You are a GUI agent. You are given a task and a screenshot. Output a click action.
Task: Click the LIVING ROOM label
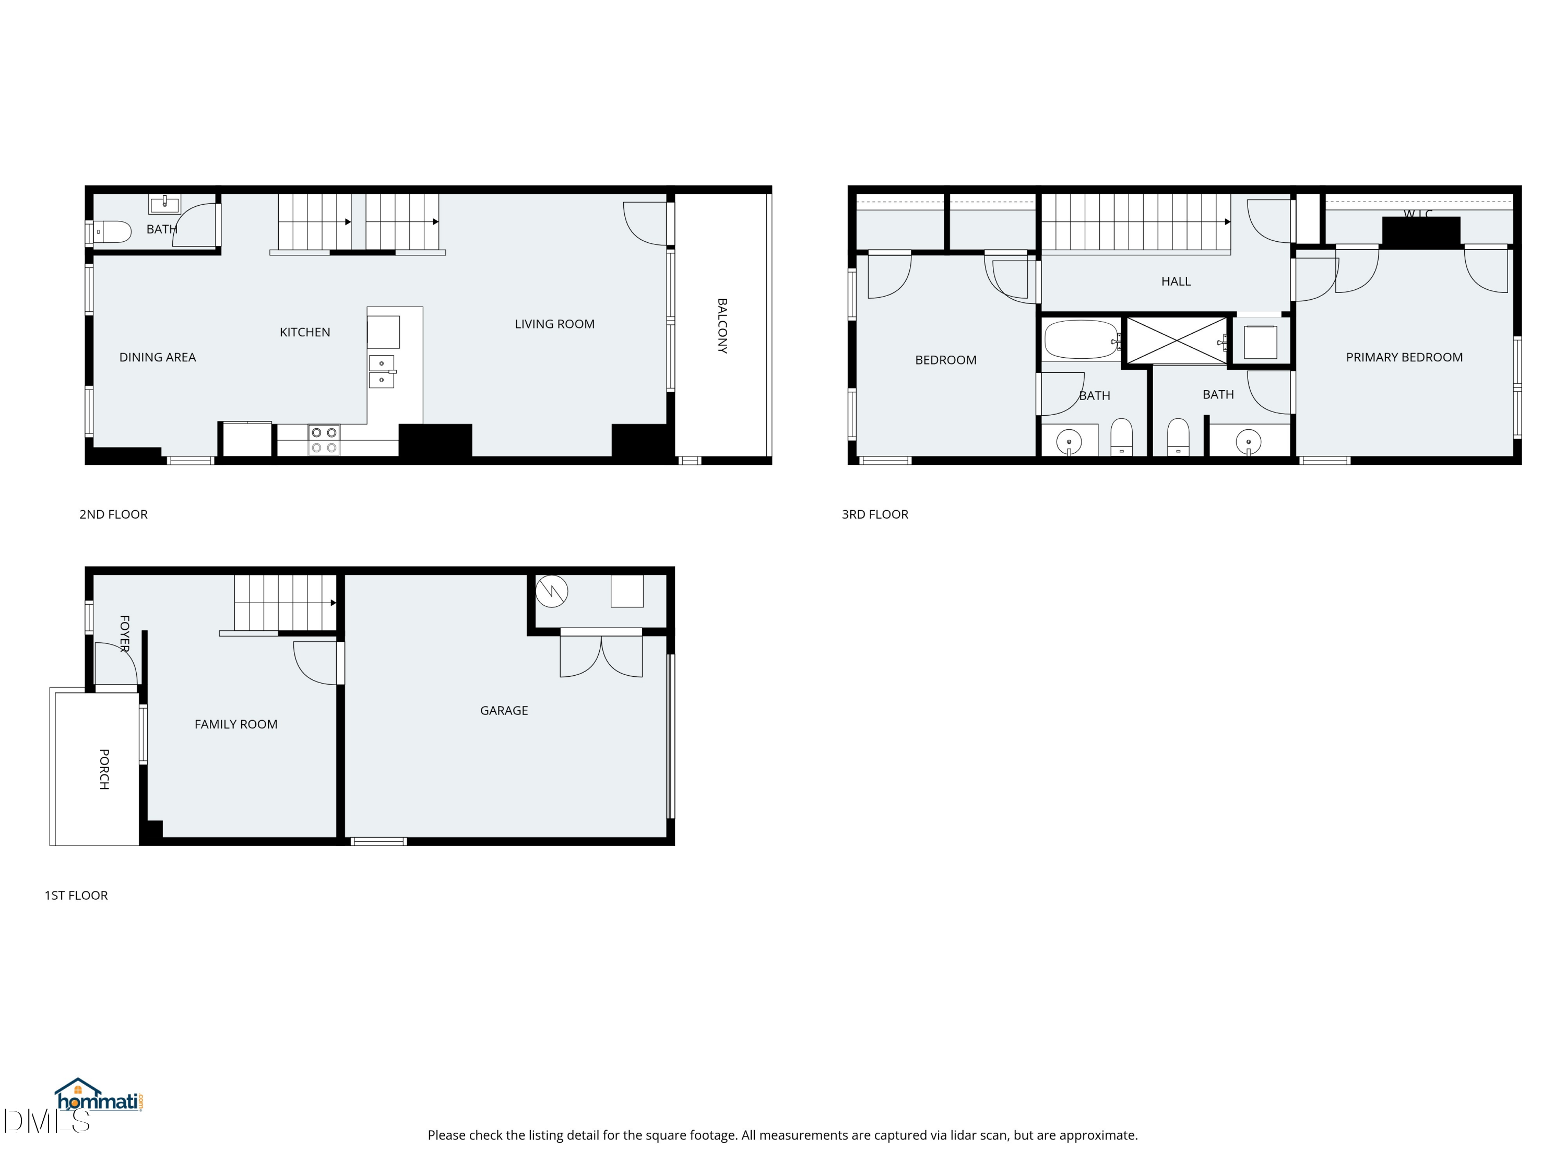(x=554, y=324)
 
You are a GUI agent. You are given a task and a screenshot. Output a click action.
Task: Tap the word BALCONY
(x=722, y=326)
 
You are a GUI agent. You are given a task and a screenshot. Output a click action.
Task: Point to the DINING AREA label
(x=157, y=358)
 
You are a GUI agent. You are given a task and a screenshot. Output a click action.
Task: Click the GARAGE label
(x=503, y=710)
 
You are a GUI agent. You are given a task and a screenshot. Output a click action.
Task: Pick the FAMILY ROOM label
(x=236, y=724)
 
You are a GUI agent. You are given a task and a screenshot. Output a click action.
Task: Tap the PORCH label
(x=104, y=769)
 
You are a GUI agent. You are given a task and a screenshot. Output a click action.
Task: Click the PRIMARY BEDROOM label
(x=1404, y=358)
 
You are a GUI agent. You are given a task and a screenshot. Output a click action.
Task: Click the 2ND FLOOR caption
(x=113, y=514)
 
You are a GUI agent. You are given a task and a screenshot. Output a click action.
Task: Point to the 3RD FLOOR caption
(x=874, y=514)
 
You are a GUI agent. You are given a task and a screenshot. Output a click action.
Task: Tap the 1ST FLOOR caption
(x=76, y=895)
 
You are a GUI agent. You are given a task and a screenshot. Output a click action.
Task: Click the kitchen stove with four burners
(x=324, y=440)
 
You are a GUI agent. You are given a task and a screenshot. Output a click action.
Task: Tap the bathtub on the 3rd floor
(x=1081, y=340)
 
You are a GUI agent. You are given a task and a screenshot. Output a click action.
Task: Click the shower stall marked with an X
(x=1176, y=340)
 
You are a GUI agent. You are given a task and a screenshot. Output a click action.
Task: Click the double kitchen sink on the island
(x=382, y=372)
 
